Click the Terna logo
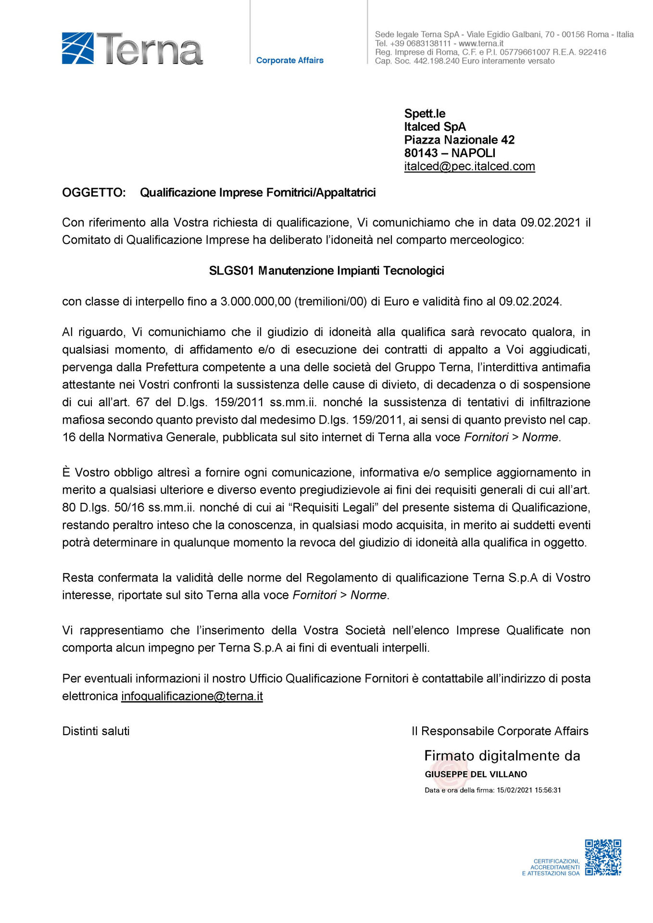(132, 49)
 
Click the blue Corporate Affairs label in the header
(289, 61)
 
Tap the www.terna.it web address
(481, 43)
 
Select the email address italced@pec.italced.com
(469, 166)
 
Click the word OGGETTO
(94, 193)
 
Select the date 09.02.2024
(529, 301)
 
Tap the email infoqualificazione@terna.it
(192, 696)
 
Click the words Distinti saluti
(96, 731)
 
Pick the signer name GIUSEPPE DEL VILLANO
(476, 774)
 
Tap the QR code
(603, 858)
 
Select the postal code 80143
(421, 153)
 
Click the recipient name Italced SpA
(435, 127)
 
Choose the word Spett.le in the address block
(425, 114)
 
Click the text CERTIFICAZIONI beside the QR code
(556, 861)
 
